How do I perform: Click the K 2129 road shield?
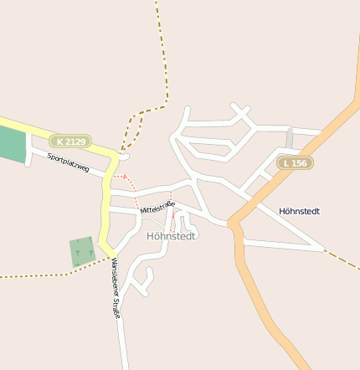point(70,141)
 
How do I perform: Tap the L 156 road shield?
point(296,162)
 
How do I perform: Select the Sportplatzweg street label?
point(68,162)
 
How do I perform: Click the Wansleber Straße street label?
point(116,287)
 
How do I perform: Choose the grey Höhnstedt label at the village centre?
point(171,236)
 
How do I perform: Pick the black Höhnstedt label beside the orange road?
point(299,211)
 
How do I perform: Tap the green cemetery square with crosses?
point(82,251)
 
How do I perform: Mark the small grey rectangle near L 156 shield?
point(289,139)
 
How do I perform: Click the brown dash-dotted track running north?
point(161,50)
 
